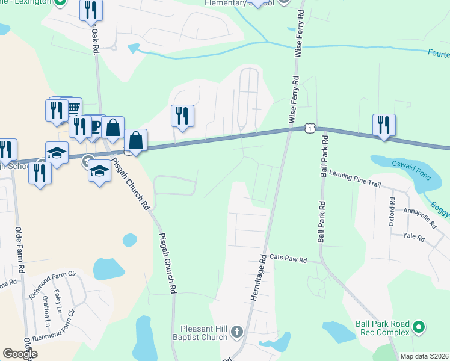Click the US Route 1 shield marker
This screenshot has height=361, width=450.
click(x=309, y=128)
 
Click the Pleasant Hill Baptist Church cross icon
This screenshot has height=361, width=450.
click(x=237, y=332)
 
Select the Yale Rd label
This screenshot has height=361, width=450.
click(x=414, y=238)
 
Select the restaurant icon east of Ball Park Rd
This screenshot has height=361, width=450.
click(x=384, y=125)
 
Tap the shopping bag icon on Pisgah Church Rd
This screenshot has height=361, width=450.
click(x=136, y=141)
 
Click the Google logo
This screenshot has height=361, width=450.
click(x=20, y=354)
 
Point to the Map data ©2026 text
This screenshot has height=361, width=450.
click(x=424, y=356)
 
